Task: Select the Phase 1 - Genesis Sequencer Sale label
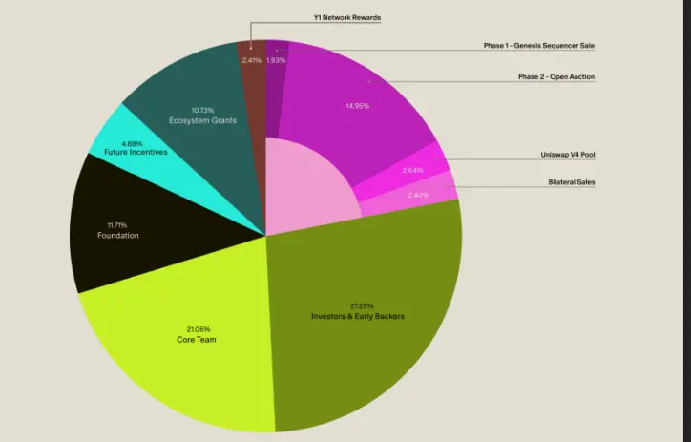(x=539, y=45)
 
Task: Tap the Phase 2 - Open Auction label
(x=556, y=76)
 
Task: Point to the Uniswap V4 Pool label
(x=568, y=155)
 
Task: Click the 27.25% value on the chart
(x=359, y=305)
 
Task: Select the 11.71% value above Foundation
(x=118, y=225)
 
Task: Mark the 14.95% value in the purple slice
(x=357, y=106)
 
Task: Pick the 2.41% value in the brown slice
(x=251, y=60)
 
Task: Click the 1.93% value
(x=275, y=60)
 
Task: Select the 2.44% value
(x=419, y=195)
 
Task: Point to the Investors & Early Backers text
(x=358, y=316)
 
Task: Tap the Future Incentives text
(x=131, y=153)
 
